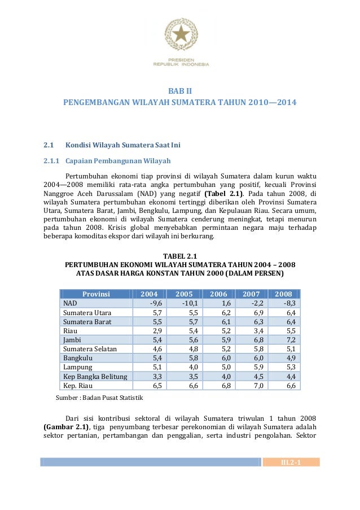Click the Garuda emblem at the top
(x=181, y=34)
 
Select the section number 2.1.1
(x=53, y=160)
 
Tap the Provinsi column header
(x=96, y=294)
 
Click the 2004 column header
(x=150, y=294)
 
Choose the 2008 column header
(x=284, y=294)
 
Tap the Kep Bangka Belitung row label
(x=95, y=377)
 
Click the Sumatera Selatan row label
(x=90, y=349)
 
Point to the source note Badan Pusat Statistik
(x=99, y=398)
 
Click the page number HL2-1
(x=291, y=463)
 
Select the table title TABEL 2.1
(x=181, y=255)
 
